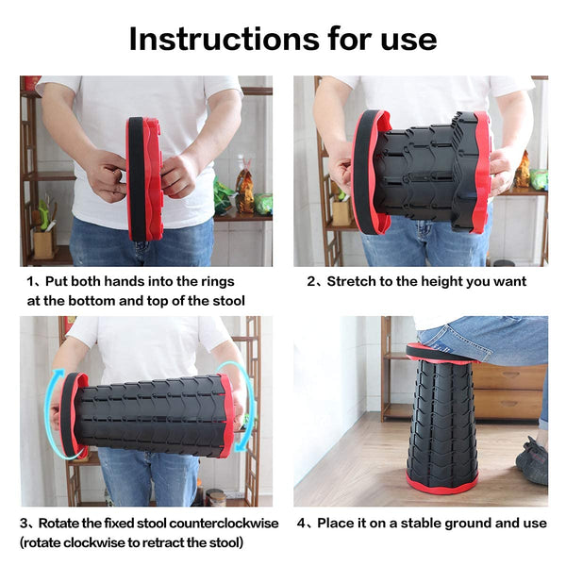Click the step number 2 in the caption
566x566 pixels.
tap(311, 281)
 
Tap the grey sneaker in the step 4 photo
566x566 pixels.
tap(533, 462)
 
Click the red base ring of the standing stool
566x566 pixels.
tap(442, 486)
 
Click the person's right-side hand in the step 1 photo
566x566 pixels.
tap(179, 175)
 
